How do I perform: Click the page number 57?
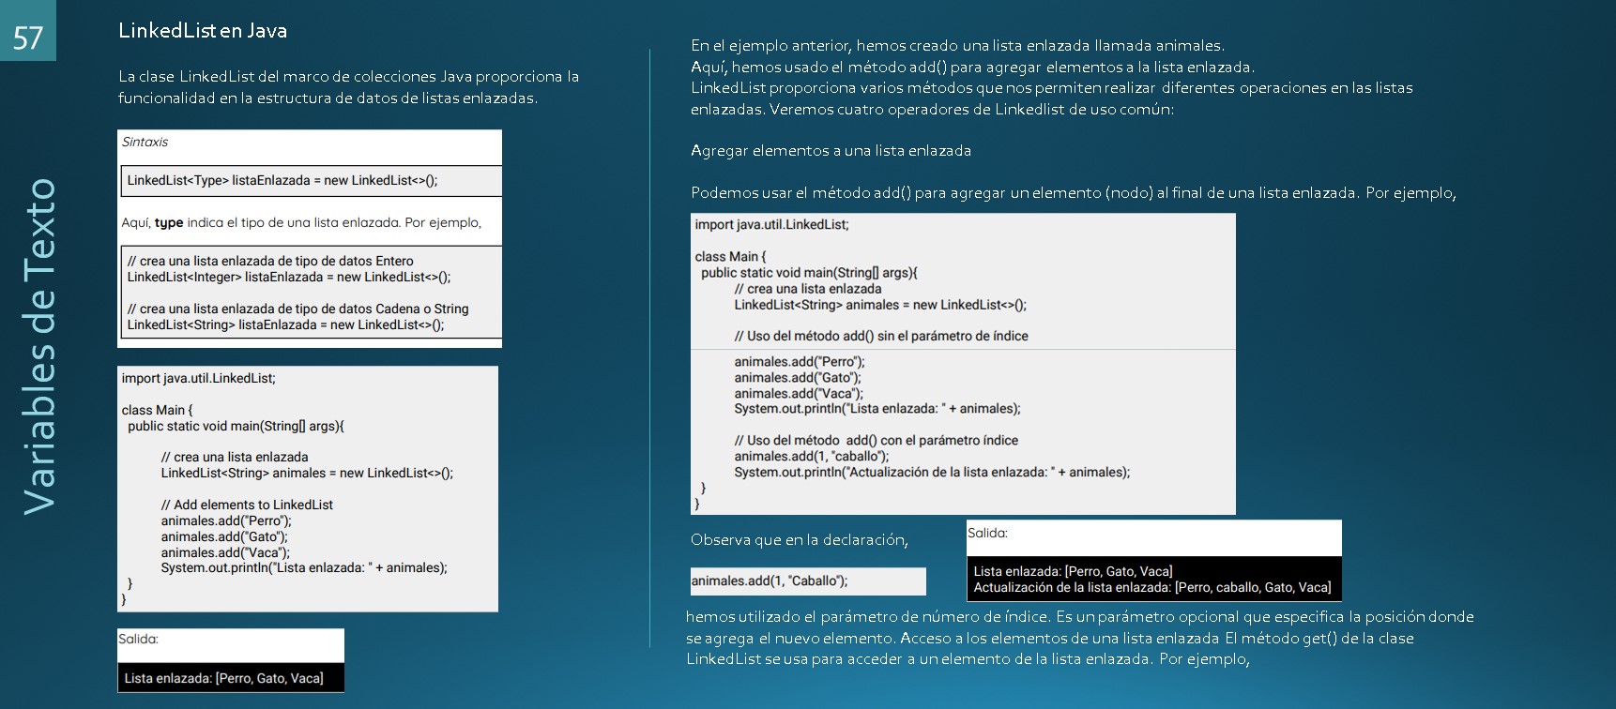28,37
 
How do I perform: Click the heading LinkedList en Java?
203,31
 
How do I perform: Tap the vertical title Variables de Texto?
40,346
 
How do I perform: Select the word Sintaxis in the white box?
145,143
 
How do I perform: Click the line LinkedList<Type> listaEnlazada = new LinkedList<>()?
282,180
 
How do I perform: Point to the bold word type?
169,223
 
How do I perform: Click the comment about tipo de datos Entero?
270,261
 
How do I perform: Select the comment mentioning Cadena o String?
297,309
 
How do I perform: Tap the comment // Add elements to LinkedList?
247,505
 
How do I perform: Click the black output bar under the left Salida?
231,678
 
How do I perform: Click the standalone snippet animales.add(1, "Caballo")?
770,581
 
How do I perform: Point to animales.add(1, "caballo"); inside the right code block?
812,457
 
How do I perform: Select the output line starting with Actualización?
1151,587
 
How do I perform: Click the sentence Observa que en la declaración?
800,540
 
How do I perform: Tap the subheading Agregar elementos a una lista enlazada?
831,151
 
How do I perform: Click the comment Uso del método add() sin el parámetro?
881,336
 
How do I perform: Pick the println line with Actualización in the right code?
932,472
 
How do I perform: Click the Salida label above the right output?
987,533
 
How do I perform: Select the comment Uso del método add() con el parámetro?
876,441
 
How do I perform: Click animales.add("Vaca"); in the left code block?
225,552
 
